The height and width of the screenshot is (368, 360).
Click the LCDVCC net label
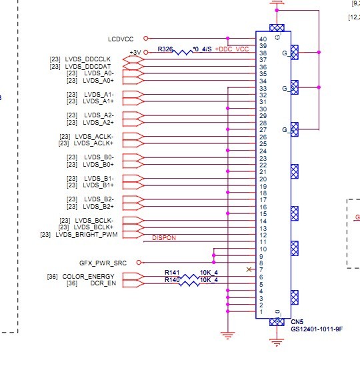click(x=121, y=39)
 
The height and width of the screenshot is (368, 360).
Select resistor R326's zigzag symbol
click(x=183, y=52)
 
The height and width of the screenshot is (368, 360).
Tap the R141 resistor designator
click(x=172, y=273)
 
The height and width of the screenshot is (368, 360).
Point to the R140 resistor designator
click(x=172, y=280)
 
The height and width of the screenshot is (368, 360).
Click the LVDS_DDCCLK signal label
click(x=88, y=59)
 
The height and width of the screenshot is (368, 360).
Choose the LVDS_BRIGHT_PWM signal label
click(x=87, y=235)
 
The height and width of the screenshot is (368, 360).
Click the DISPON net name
click(x=164, y=238)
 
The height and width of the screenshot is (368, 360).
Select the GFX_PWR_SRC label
click(x=103, y=263)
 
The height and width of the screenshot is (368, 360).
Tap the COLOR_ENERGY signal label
click(x=88, y=276)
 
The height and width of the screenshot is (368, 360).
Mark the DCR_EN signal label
click(x=103, y=283)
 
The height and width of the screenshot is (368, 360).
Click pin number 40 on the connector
click(x=263, y=39)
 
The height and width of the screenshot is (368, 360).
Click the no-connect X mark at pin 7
click(x=249, y=269)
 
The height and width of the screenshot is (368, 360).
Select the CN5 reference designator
click(x=297, y=322)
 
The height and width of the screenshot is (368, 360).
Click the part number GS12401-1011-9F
click(x=317, y=329)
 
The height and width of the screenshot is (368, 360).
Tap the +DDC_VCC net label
click(x=231, y=49)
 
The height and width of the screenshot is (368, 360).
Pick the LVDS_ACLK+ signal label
click(x=93, y=143)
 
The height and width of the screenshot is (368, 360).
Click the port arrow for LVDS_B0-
click(x=133, y=157)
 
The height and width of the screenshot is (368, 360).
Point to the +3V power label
click(x=135, y=53)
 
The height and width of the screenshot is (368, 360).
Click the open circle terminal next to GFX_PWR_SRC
click(x=139, y=263)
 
